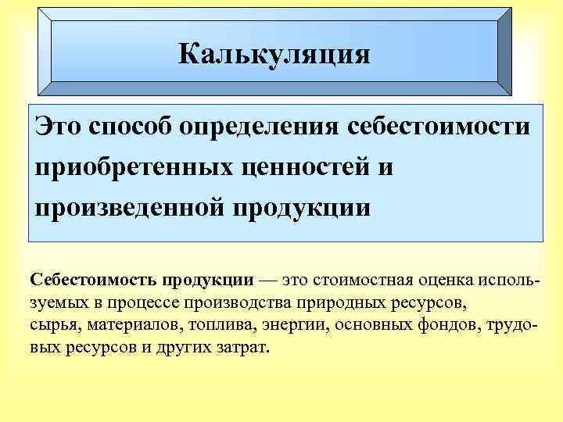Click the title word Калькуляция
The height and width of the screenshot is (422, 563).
[273, 54]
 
